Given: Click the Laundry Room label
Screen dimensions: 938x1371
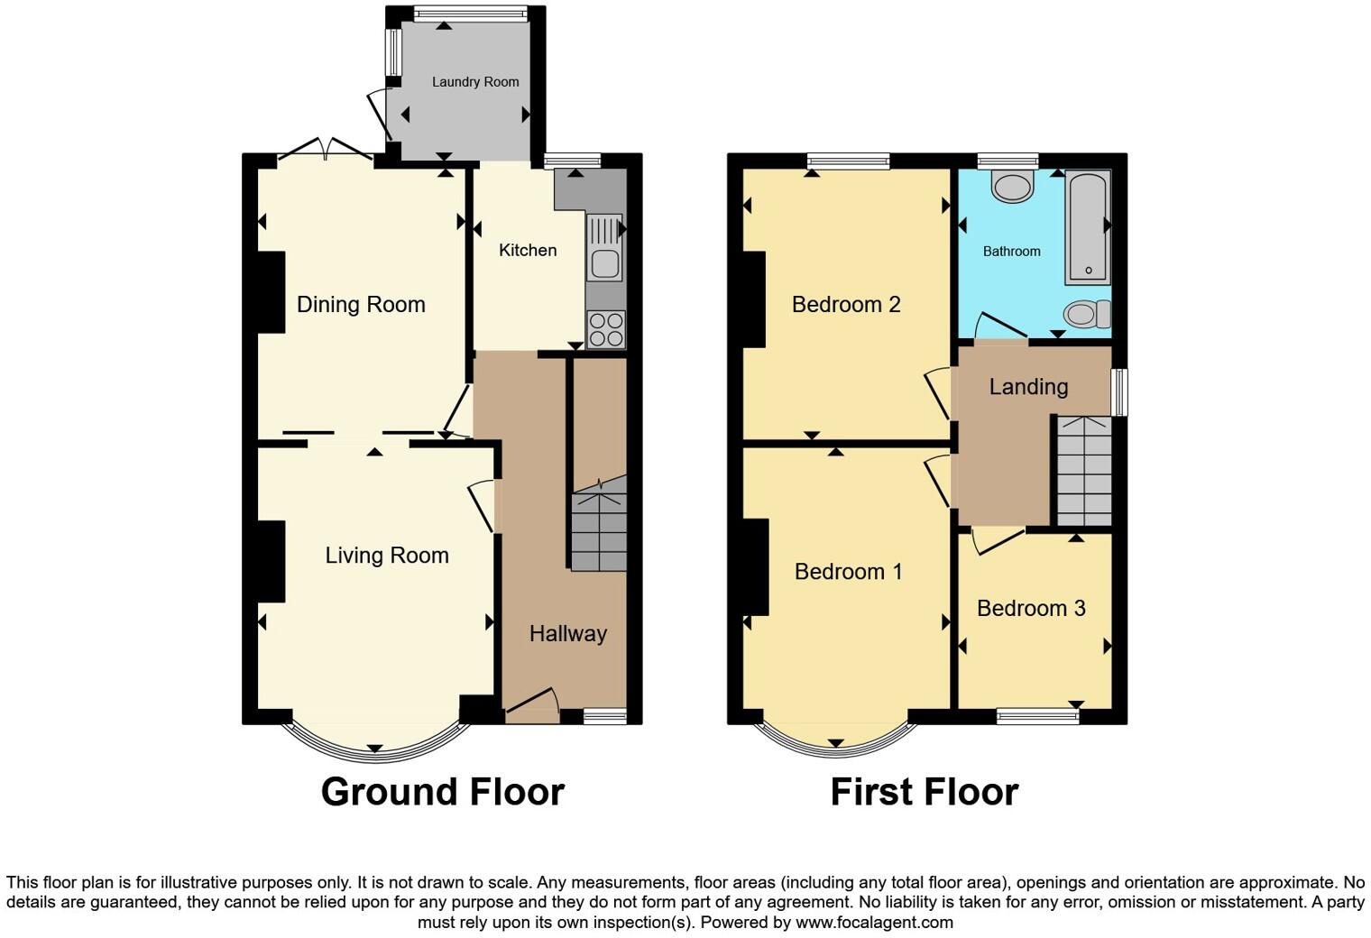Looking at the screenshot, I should coord(474,82).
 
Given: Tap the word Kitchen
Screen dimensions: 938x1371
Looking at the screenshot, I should coord(528,250).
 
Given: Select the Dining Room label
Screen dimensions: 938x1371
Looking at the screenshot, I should coord(361,305).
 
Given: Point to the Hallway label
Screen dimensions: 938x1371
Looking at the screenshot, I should coord(567,633).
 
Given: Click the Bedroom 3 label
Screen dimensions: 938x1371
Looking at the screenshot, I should coord(1031,608).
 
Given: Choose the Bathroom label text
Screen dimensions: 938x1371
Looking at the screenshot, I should coord(1011,252).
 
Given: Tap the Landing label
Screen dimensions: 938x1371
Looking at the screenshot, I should coord(1028,387).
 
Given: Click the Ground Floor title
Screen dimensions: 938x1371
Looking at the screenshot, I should coord(442,792).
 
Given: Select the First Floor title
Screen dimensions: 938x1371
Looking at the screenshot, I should coord(924,792).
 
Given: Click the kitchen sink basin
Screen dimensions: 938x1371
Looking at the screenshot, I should coord(603,264).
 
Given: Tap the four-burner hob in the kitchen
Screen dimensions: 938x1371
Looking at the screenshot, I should coord(605,328).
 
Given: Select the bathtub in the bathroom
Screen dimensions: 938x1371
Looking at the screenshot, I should coord(1088,227).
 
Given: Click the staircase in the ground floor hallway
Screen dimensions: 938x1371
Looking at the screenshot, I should coord(599,531).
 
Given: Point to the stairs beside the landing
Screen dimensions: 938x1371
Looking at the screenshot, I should coord(1083,472).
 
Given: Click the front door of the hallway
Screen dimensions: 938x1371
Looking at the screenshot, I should coord(532,703).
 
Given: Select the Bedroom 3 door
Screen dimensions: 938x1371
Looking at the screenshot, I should coord(998,539).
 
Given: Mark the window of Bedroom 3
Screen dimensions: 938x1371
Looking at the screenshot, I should coord(1037,716).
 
